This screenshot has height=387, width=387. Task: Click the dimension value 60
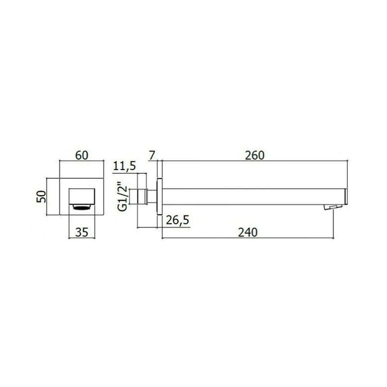pyautogui.click(x=81, y=156)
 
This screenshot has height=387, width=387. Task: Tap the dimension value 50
pyautogui.click(x=41, y=197)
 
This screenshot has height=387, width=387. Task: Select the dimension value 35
pyautogui.click(x=81, y=232)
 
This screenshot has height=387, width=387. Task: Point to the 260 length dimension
pyautogui.click(x=255, y=156)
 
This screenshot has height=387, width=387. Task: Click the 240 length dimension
pyautogui.click(x=248, y=233)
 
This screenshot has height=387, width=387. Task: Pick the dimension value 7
pyautogui.click(x=152, y=156)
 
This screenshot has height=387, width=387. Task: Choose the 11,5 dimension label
pyautogui.click(x=124, y=166)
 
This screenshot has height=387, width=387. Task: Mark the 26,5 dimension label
pyautogui.click(x=178, y=220)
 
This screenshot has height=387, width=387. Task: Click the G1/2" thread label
pyautogui.click(x=123, y=197)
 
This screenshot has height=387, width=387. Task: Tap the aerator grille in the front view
pyautogui.click(x=82, y=207)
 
